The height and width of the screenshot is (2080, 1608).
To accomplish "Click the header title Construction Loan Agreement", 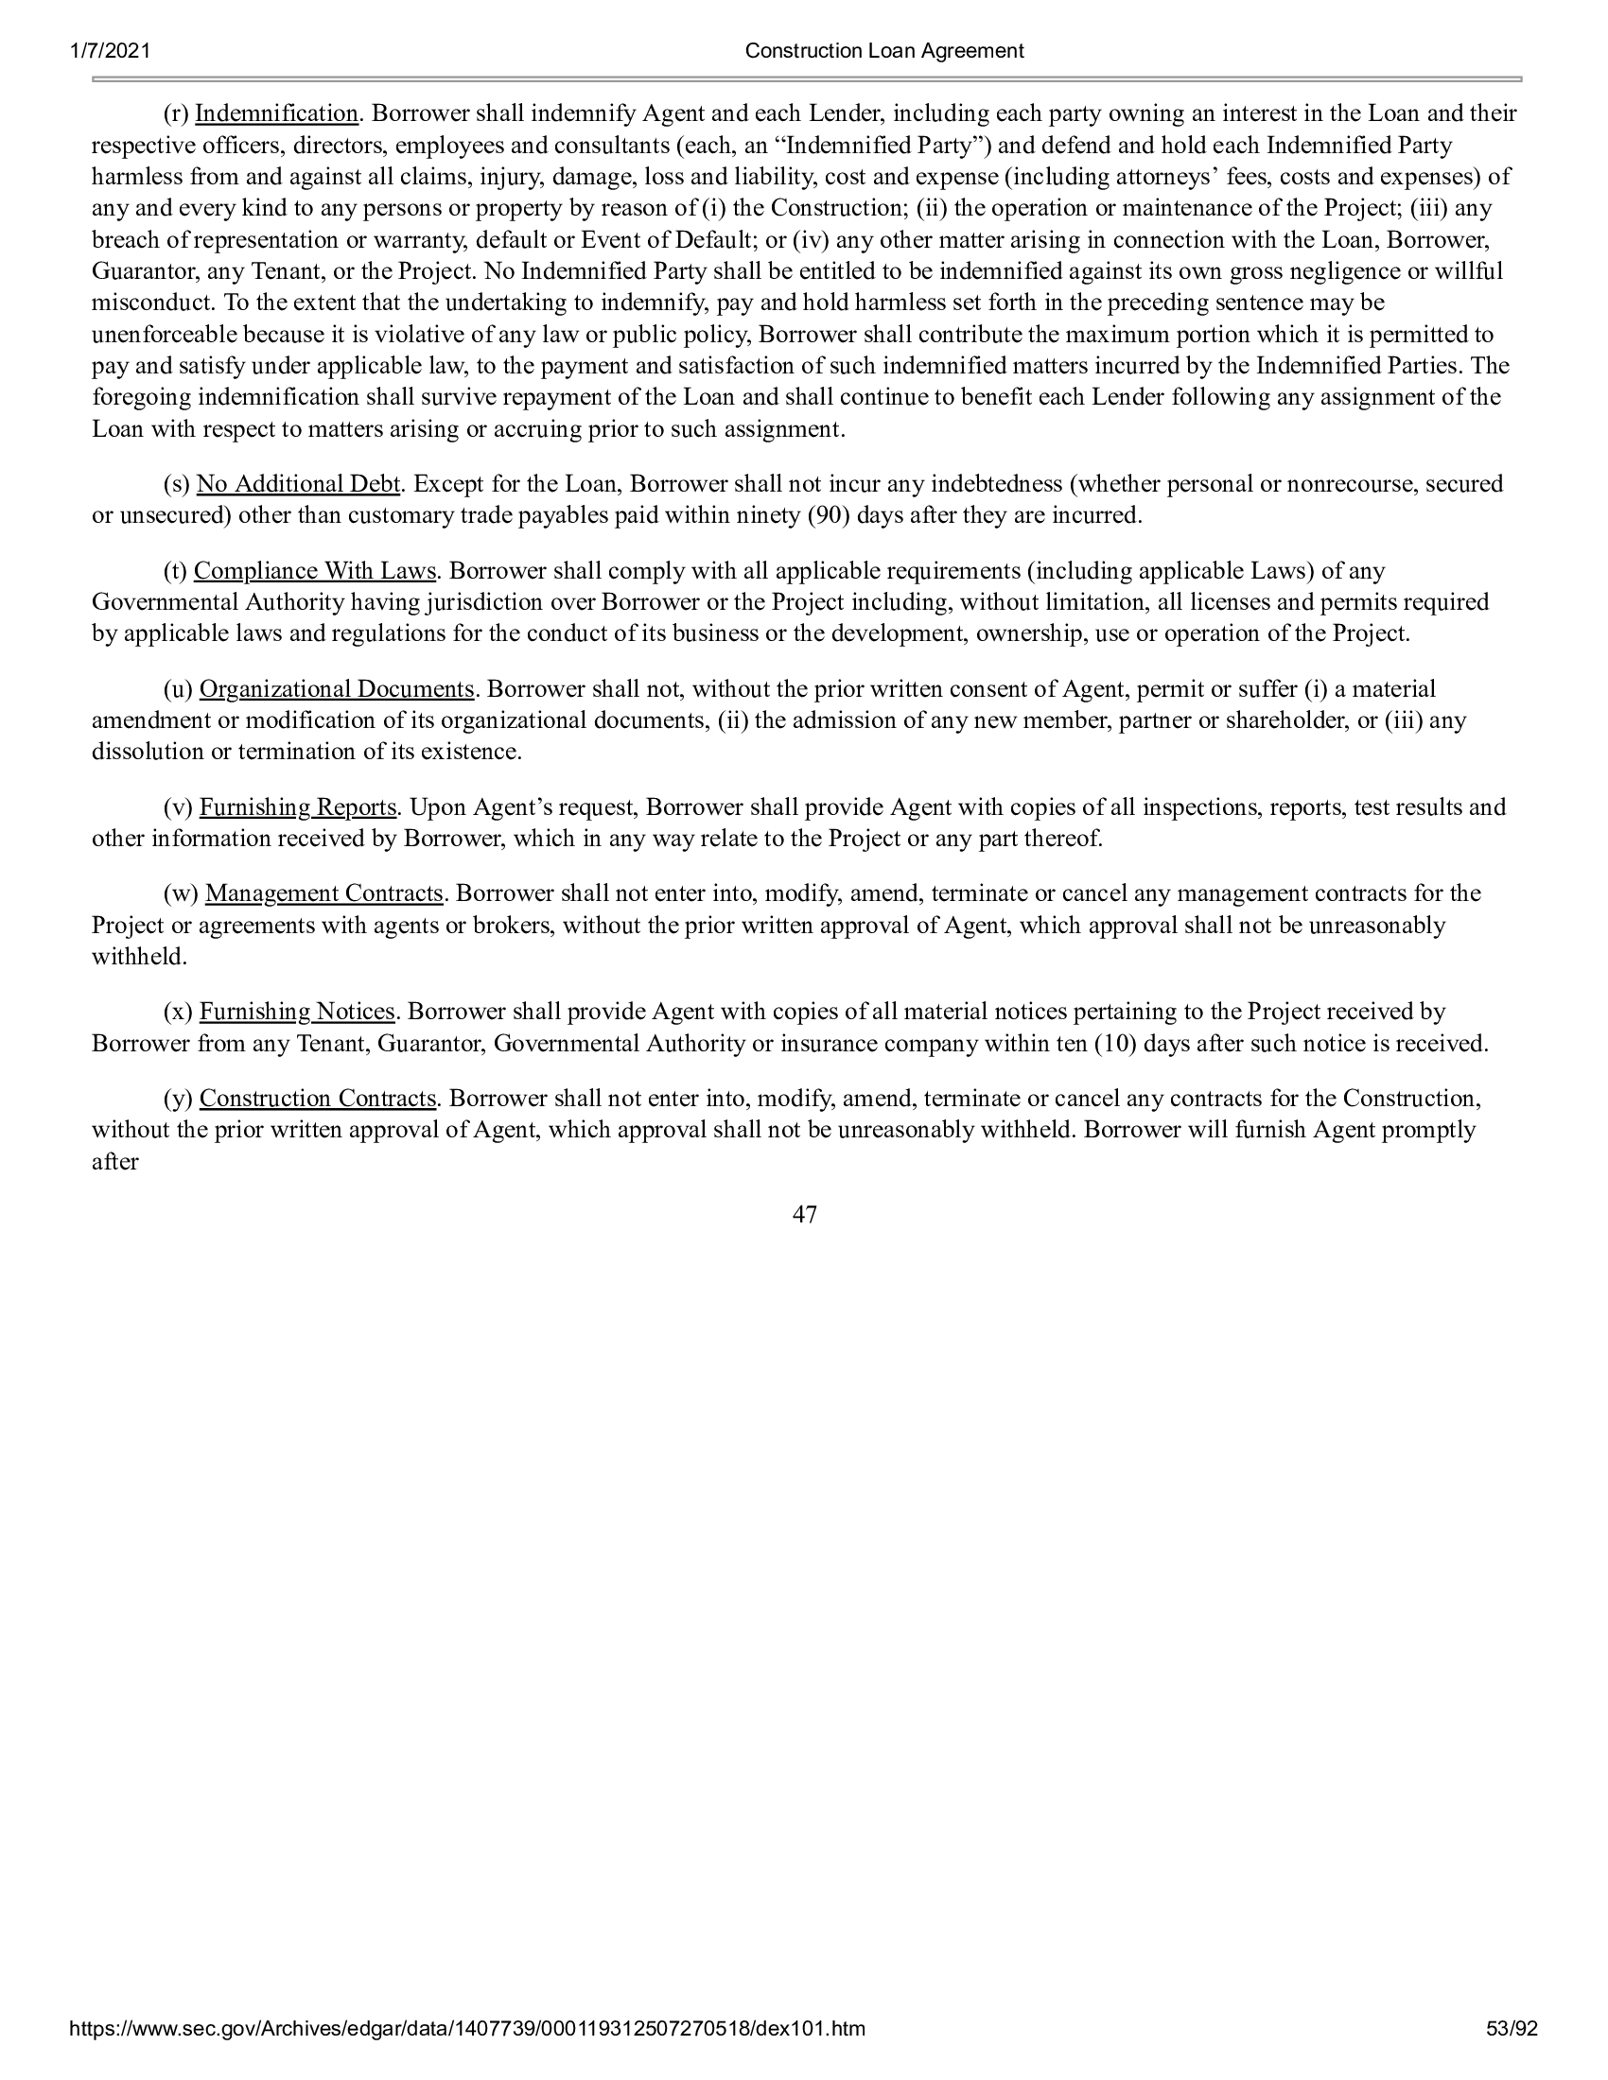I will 884,51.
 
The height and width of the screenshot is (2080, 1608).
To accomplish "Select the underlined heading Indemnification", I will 276,114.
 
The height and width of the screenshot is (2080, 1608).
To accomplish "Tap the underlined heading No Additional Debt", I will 297,484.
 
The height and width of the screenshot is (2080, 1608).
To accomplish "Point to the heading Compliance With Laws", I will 314,571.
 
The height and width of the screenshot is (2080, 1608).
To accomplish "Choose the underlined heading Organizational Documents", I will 337,689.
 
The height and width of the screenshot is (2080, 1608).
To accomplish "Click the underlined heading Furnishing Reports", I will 297,807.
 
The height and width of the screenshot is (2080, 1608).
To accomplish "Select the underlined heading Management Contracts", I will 323,894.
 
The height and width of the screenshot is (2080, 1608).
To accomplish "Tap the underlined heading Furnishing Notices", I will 296,1012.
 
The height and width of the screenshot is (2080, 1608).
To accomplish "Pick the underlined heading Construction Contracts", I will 317,1099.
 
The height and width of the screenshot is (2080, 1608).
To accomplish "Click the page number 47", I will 804,1215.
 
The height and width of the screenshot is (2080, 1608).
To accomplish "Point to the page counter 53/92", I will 1512,2055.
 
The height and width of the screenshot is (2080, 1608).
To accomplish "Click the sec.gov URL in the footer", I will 467,2055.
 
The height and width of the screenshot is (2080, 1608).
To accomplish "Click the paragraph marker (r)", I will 176,114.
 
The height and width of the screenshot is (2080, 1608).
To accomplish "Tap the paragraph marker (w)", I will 181,894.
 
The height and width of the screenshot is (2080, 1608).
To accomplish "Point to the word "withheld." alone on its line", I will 139,957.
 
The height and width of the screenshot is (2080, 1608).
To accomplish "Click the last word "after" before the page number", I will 115,1162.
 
